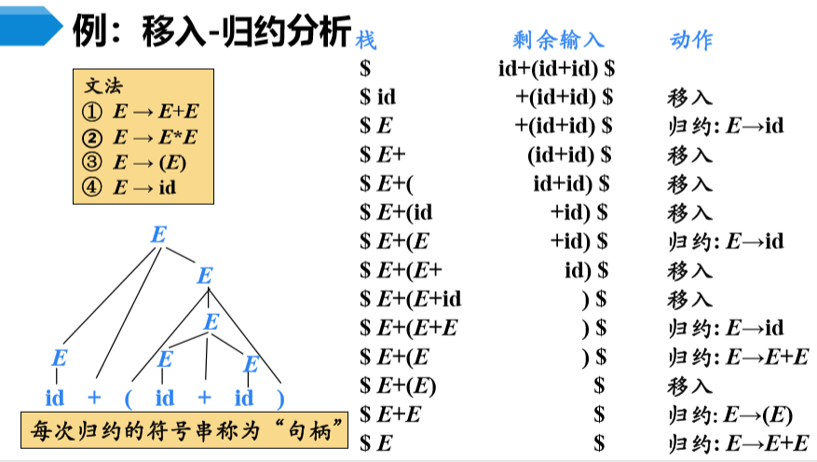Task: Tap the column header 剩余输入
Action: point(558,39)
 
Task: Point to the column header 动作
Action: point(690,39)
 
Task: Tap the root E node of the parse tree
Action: point(158,235)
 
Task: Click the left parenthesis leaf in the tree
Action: point(130,399)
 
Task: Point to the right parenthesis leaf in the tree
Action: point(279,399)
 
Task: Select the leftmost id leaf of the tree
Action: point(55,399)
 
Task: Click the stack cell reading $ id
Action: point(378,97)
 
